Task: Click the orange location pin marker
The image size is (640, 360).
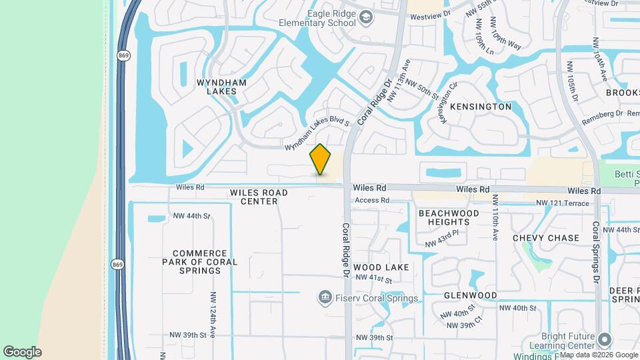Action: pyautogui.click(x=321, y=159)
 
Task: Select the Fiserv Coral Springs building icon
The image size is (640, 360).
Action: pyautogui.click(x=325, y=296)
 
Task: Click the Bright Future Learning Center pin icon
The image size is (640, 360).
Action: pyautogui.click(x=605, y=339)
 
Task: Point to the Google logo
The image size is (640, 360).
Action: pyautogui.click(x=22, y=351)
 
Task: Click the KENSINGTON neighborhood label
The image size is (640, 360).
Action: pyautogui.click(x=481, y=107)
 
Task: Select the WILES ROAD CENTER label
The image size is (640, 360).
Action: pyautogui.click(x=259, y=197)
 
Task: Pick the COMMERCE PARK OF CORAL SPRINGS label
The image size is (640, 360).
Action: pyautogui.click(x=205, y=262)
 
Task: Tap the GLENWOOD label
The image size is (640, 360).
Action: pyautogui.click(x=471, y=295)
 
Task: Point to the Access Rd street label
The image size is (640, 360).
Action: pyautogui.click(x=372, y=200)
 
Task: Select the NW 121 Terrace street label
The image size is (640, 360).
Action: pyautogui.click(x=563, y=203)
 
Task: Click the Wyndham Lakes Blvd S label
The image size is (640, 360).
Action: pyautogui.click(x=317, y=135)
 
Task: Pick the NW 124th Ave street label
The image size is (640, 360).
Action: pyautogui.click(x=213, y=311)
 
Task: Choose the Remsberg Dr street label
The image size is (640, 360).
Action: pyautogui.click(x=602, y=114)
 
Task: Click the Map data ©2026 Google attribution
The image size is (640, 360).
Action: pyautogui.click(x=599, y=354)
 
